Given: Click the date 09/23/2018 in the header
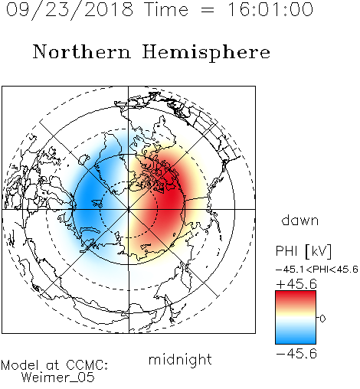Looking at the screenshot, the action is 70,10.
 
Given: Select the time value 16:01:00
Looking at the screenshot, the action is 270,9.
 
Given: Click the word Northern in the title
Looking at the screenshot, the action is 82,52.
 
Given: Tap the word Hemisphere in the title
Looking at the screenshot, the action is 206,53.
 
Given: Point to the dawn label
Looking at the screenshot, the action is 300,220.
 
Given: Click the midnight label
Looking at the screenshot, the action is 180,359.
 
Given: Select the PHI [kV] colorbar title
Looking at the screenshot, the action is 303,251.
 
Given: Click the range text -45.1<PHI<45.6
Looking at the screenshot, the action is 317,270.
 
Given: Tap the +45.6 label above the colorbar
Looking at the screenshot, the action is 296,284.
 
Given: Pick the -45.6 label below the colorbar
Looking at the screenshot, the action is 296,354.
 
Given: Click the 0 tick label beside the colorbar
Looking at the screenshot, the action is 322,319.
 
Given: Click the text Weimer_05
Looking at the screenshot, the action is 57,378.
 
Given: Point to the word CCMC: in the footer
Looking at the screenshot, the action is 87,365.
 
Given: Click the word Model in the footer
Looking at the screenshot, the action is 20,365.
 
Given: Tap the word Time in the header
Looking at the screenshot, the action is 166,9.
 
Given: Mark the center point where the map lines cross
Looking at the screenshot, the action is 129,210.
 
